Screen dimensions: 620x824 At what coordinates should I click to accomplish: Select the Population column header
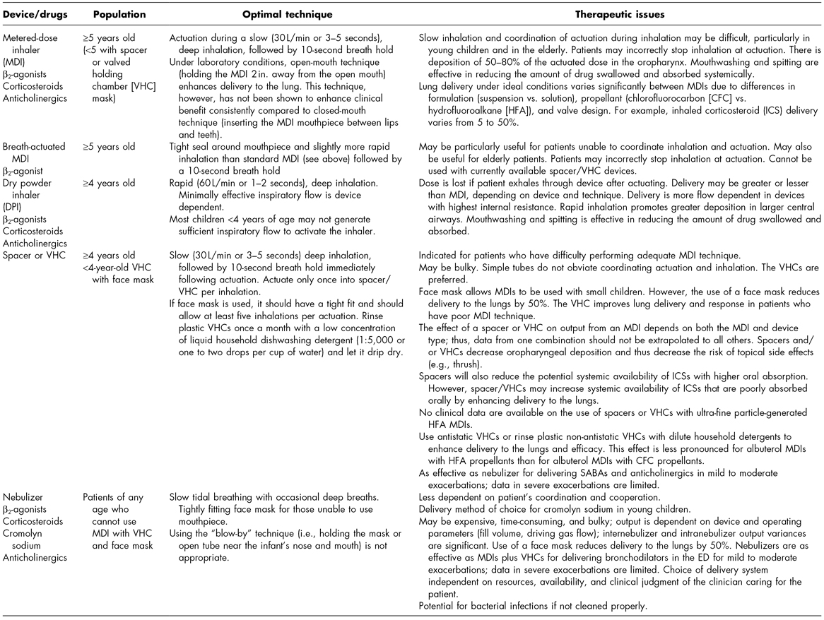click(120, 13)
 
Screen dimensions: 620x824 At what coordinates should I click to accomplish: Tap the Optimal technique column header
click(287, 13)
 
